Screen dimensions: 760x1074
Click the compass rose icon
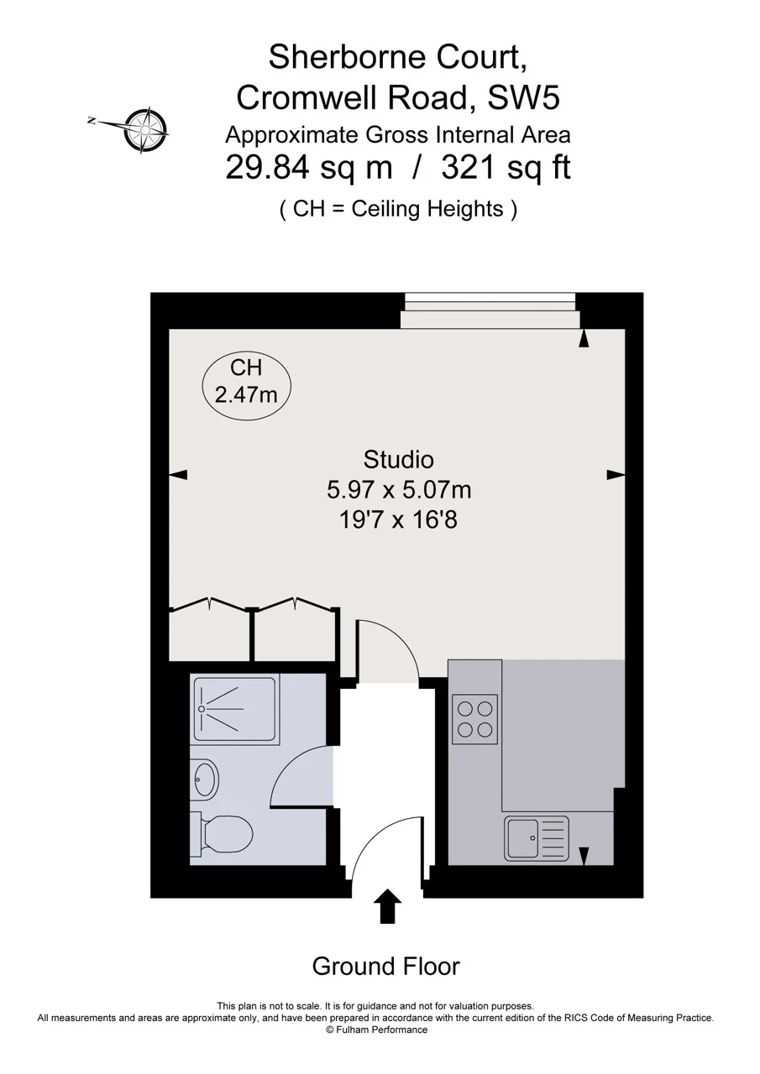[145, 130]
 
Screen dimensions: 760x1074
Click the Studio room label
[398, 460]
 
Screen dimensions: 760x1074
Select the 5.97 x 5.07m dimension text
[399, 490]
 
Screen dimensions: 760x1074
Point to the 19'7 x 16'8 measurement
[398, 519]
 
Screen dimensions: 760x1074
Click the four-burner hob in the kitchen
[474, 719]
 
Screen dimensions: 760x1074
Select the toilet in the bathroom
[221, 834]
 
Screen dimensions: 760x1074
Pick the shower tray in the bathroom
[235, 709]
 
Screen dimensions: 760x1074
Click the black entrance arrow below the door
[387, 905]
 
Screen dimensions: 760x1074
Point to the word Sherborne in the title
[348, 56]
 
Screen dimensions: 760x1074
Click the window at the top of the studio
[490, 310]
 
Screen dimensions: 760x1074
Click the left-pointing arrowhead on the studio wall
[178, 475]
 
